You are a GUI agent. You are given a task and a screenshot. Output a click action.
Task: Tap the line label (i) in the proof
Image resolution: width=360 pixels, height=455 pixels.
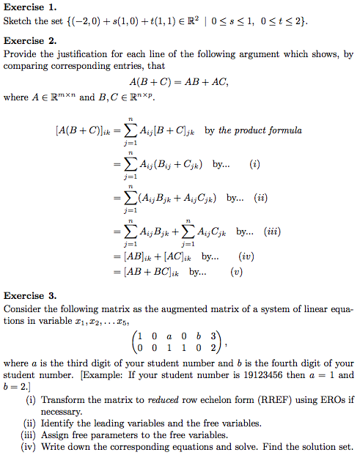[x=254, y=164]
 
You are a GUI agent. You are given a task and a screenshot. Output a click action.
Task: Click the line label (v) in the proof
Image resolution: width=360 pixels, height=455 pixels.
[x=236, y=273]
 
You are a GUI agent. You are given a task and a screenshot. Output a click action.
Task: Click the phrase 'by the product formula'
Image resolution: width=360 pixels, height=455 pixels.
[x=253, y=130]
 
